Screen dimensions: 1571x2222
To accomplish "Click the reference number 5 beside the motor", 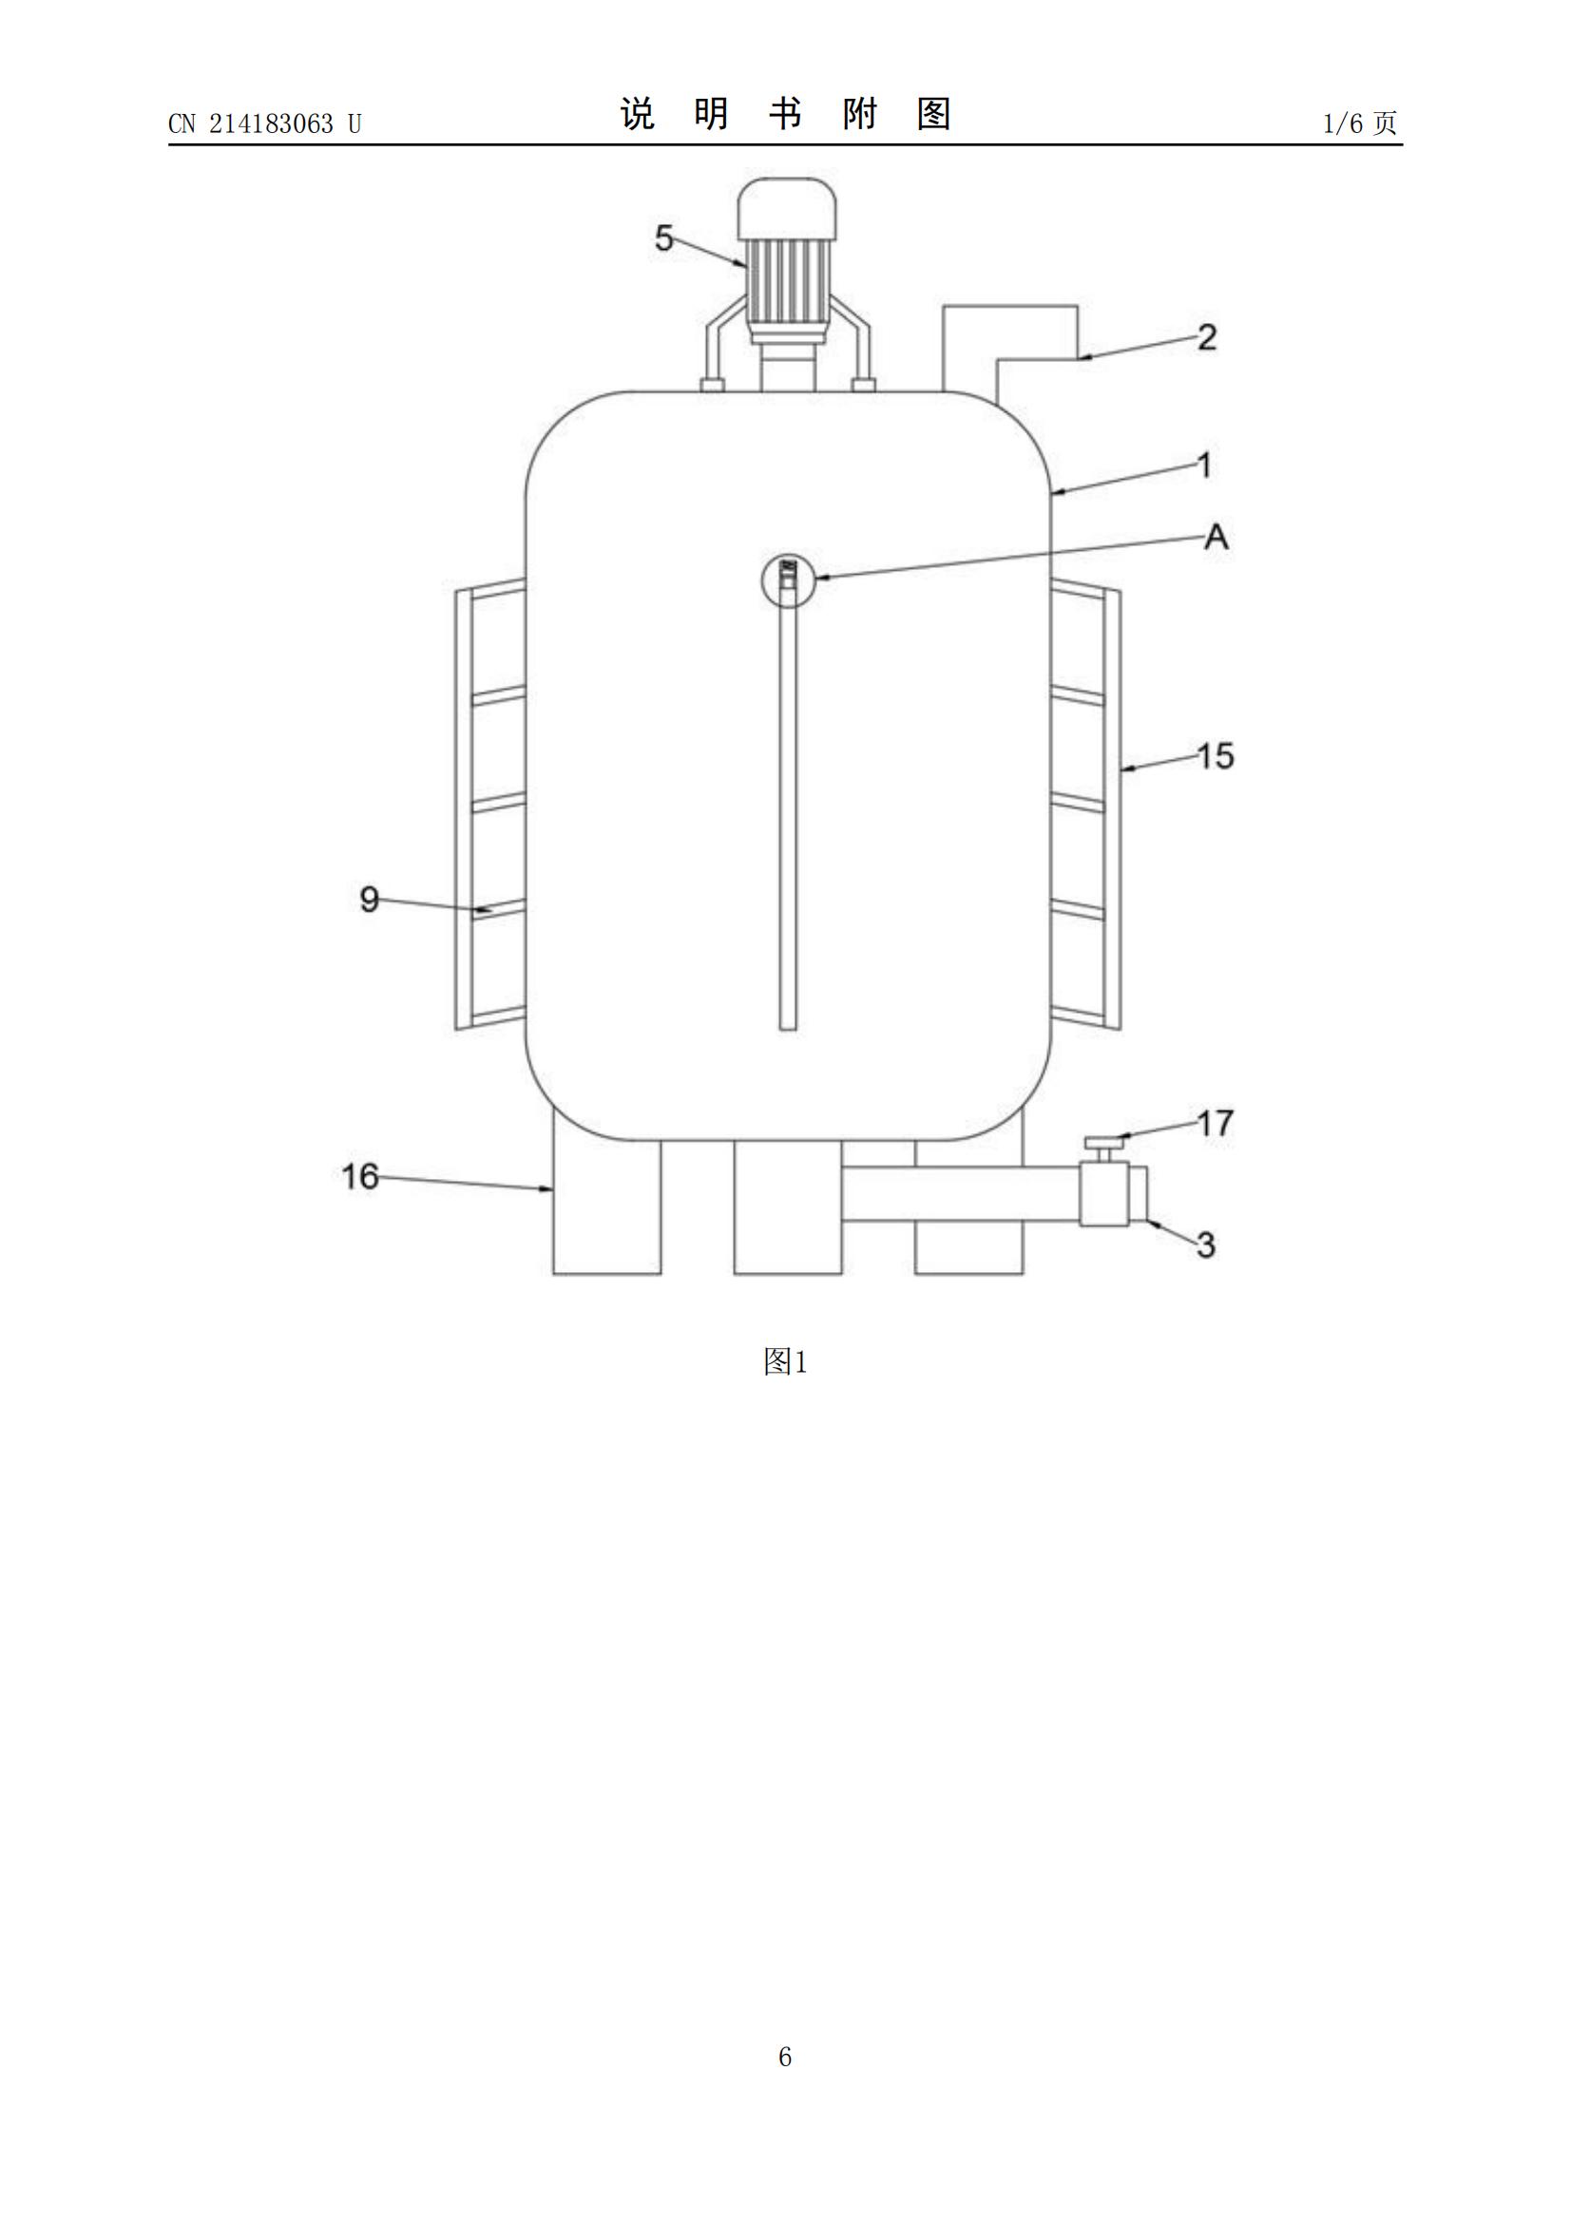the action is pos(663,237).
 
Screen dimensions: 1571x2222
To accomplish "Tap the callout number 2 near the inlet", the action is pos(1206,337).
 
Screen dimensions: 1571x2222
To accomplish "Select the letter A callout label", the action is pos(1216,536).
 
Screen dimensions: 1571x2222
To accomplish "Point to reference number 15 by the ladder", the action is pos(1216,755).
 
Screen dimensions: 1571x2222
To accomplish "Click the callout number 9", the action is pos(369,899).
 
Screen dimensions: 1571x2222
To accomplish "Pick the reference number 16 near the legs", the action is pos(360,1176).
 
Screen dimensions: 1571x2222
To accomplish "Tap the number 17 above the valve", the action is pos(1216,1123).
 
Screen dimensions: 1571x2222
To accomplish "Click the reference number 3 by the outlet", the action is pos(1205,1244).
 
